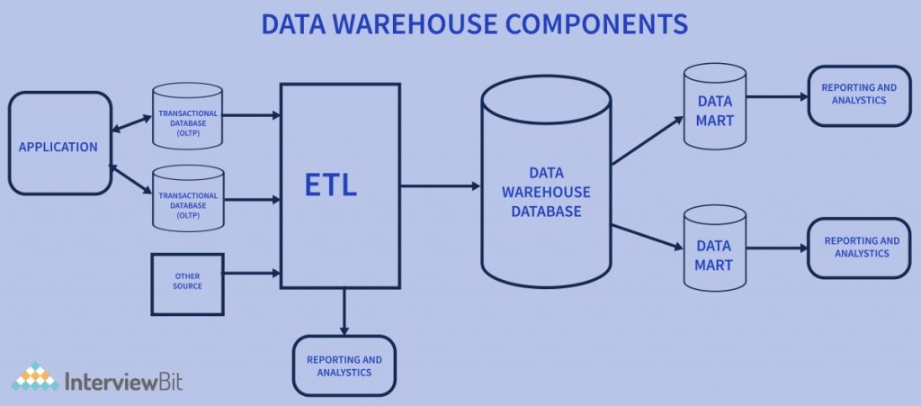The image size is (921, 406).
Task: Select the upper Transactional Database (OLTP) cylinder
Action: (x=188, y=117)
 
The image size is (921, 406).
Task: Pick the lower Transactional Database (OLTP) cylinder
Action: (x=188, y=199)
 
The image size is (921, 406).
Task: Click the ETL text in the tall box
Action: (x=331, y=186)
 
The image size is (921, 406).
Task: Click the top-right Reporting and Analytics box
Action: (x=859, y=95)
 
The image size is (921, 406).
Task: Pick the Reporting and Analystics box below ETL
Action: (x=344, y=365)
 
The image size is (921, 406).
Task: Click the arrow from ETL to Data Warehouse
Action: (x=441, y=186)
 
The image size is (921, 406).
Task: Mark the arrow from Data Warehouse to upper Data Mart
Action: (x=647, y=141)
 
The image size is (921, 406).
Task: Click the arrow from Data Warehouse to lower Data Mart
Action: (x=647, y=232)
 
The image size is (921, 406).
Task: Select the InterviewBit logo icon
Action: (x=35, y=377)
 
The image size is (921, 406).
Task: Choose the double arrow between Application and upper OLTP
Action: (x=131, y=123)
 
